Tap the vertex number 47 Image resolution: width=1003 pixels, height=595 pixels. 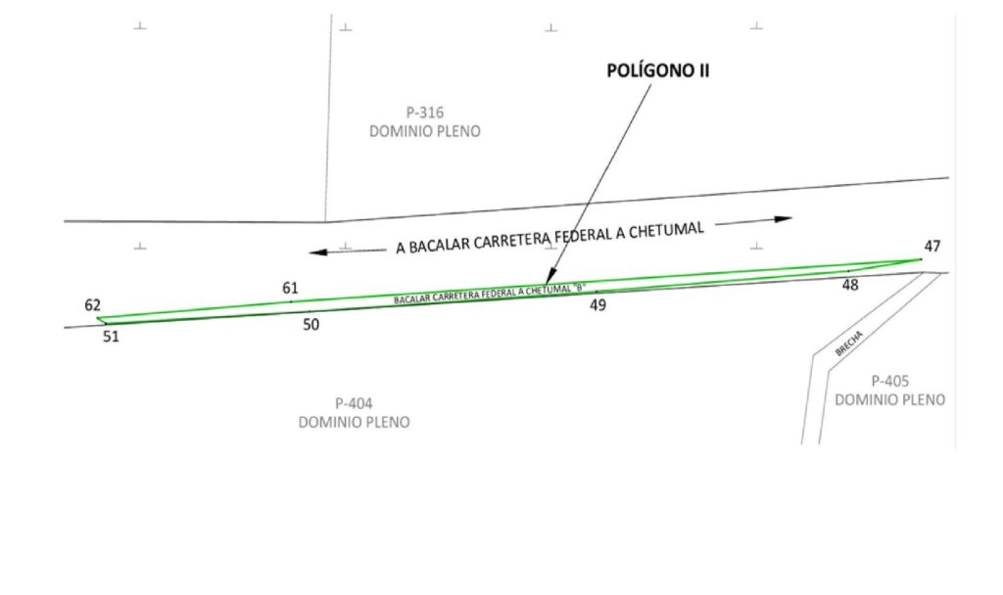tap(931, 246)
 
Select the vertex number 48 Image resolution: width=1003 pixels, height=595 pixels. tap(849, 285)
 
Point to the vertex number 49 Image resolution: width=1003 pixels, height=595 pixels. tap(597, 304)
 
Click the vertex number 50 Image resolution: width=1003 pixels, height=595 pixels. tap(310, 325)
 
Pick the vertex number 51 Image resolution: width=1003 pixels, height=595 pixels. tap(111, 337)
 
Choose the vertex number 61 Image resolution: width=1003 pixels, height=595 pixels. tap(290, 288)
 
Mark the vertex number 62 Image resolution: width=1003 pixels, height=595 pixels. tap(92, 305)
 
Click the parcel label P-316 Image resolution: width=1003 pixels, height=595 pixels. tap(424, 113)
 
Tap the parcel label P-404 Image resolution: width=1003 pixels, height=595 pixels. tap(354, 403)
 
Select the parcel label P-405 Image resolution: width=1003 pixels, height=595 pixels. tap(889, 381)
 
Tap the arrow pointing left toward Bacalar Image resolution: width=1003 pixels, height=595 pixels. tap(333, 252)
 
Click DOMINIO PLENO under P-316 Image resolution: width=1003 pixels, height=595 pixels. tap(424, 131)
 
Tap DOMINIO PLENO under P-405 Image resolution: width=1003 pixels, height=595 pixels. tap(889, 399)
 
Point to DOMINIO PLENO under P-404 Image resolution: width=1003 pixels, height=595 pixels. tap(354, 422)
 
